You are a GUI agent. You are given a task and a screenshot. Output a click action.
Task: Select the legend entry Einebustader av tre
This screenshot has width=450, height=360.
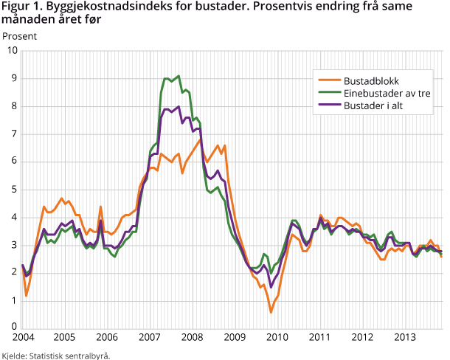coord(387,93)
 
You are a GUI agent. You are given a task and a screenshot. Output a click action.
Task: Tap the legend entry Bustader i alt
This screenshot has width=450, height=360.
coord(376,106)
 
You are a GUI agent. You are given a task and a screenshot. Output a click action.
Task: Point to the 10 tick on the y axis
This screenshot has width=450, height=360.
coord(11,50)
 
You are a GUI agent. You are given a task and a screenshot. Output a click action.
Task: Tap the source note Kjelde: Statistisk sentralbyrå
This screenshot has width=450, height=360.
coord(55,355)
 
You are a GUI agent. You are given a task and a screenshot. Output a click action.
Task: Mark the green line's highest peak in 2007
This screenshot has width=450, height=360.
coord(179,75)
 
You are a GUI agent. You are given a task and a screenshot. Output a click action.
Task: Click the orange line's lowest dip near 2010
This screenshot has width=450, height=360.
coord(271,312)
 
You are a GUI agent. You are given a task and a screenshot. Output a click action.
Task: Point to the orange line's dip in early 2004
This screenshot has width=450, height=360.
coord(26,296)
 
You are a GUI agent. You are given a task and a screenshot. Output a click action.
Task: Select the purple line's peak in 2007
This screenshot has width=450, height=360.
coord(179,106)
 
